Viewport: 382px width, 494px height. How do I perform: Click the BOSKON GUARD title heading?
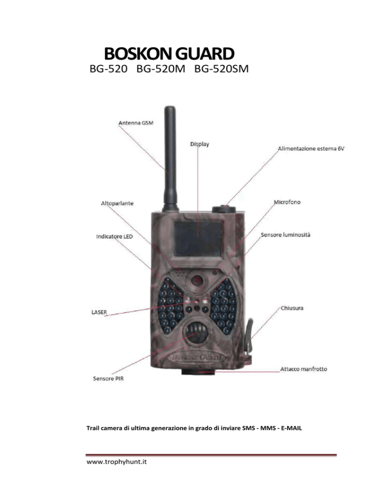[x=169, y=54]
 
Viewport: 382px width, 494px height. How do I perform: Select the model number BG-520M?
[x=161, y=69]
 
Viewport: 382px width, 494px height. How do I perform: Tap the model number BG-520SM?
[x=221, y=69]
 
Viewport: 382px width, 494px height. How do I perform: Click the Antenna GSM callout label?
[x=136, y=123]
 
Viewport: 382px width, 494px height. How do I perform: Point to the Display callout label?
[x=199, y=144]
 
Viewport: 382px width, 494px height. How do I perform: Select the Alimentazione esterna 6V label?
[x=311, y=149]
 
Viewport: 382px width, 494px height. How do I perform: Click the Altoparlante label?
[x=117, y=204]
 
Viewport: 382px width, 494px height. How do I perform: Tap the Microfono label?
[x=287, y=202]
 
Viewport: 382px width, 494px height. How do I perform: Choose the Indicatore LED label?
[x=114, y=236]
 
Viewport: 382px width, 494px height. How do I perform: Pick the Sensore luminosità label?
[x=286, y=235]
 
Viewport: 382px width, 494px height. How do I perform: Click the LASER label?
[x=99, y=312]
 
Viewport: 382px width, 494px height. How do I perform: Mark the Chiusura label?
[x=292, y=308]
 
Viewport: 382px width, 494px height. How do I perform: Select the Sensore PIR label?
[x=108, y=379]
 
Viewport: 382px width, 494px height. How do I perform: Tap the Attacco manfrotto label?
[x=304, y=369]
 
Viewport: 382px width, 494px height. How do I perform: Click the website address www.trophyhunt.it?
[x=117, y=462]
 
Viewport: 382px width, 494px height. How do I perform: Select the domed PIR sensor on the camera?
[x=196, y=331]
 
